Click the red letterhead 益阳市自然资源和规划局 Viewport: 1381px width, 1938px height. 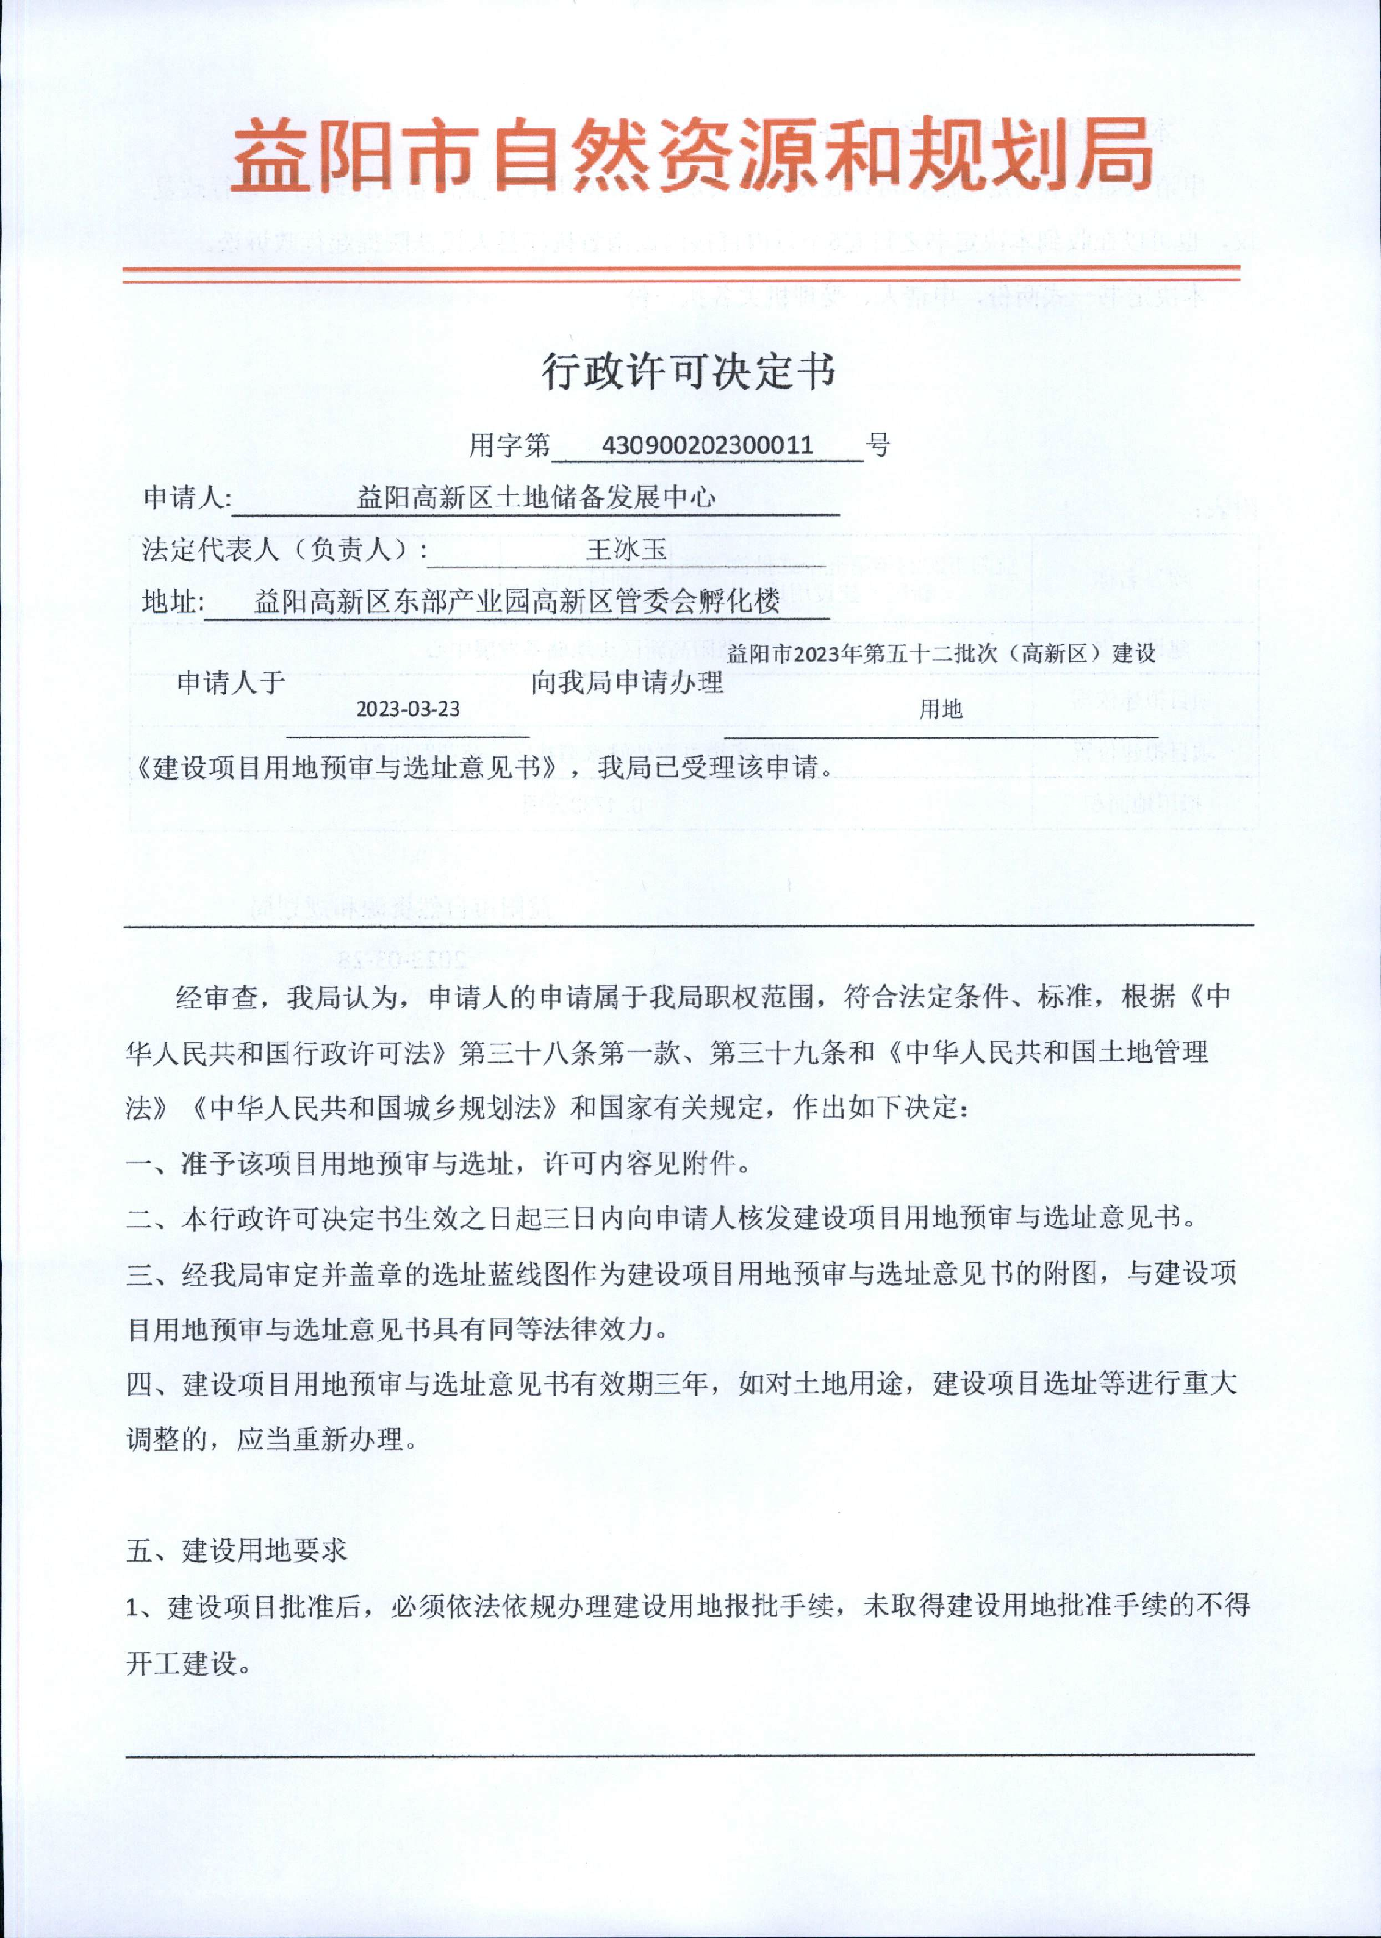(x=691, y=155)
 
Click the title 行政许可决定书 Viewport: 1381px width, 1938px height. (x=689, y=372)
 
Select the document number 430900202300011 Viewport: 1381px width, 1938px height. (x=707, y=445)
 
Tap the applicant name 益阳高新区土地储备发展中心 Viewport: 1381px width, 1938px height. (x=536, y=498)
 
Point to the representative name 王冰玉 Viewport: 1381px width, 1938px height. (x=626, y=550)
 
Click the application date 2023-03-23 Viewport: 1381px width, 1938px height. (x=408, y=709)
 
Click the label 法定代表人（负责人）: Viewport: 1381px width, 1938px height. (x=285, y=550)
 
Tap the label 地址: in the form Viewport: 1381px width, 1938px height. (x=174, y=602)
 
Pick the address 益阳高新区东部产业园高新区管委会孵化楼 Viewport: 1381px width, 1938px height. (x=518, y=602)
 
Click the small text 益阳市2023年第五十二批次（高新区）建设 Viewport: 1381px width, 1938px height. (x=941, y=653)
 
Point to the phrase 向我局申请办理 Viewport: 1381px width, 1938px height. (x=627, y=683)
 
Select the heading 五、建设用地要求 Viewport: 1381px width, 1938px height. (x=237, y=1550)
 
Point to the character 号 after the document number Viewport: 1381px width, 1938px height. (x=878, y=445)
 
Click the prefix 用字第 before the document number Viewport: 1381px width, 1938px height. (x=508, y=445)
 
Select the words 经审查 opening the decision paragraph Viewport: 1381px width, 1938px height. (x=216, y=997)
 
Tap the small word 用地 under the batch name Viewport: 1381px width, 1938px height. (x=941, y=709)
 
